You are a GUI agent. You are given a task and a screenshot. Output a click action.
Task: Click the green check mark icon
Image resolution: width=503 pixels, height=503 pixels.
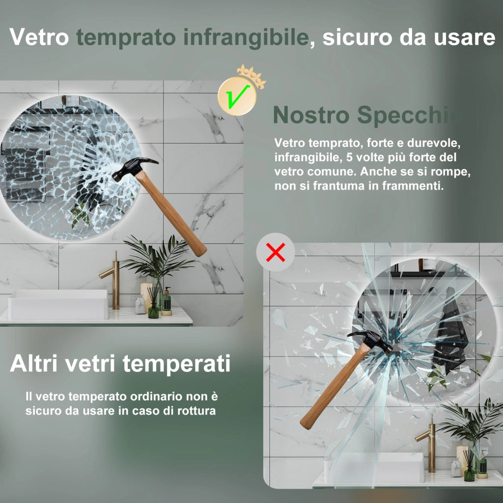click(x=237, y=96)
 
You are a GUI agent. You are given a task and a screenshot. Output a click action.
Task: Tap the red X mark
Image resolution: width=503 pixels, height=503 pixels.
click(x=276, y=252)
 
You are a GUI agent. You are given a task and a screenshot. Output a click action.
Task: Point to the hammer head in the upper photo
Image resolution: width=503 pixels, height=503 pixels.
click(x=135, y=168)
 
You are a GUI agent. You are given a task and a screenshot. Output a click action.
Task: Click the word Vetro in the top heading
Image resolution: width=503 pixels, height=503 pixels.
click(x=39, y=37)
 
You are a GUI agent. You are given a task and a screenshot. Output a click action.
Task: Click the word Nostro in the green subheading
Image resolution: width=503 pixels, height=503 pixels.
click(x=311, y=115)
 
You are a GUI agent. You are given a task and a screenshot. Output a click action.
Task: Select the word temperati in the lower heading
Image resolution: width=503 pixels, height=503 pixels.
click(x=176, y=363)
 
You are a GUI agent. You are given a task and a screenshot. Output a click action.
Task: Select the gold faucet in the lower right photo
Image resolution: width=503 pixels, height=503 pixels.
click(x=427, y=444)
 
